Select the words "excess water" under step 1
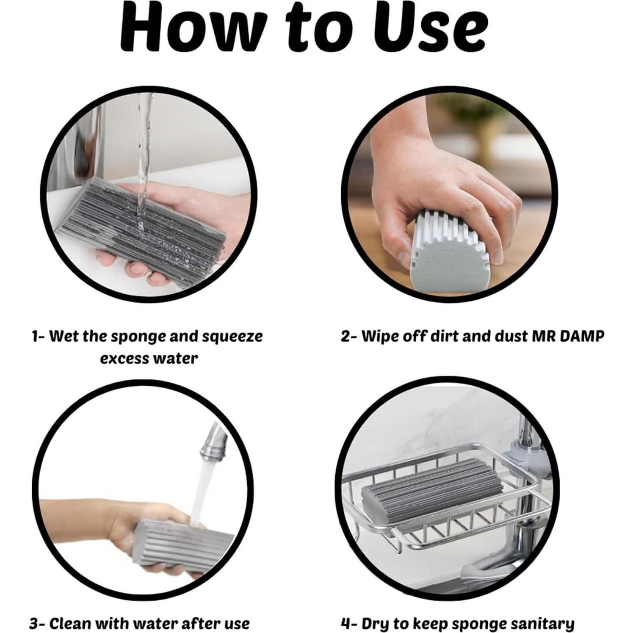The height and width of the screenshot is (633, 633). point(149,359)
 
